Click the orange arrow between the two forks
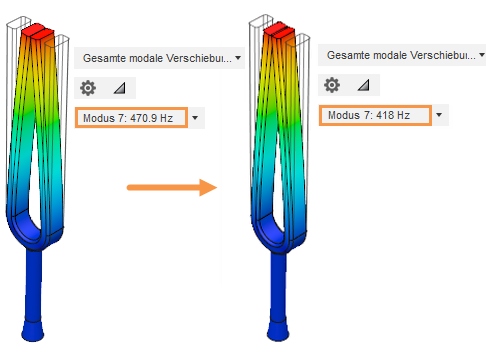click(x=172, y=187)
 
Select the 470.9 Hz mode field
click(x=131, y=118)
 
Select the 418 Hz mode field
click(x=375, y=115)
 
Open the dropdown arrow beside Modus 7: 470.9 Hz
click(x=195, y=118)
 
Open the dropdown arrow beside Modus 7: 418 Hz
click(x=439, y=115)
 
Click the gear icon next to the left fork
click(x=88, y=88)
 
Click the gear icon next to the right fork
click(x=332, y=85)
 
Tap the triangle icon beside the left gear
click(x=119, y=88)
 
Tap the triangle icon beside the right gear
click(x=363, y=85)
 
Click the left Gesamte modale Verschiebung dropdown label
click(x=157, y=58)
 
